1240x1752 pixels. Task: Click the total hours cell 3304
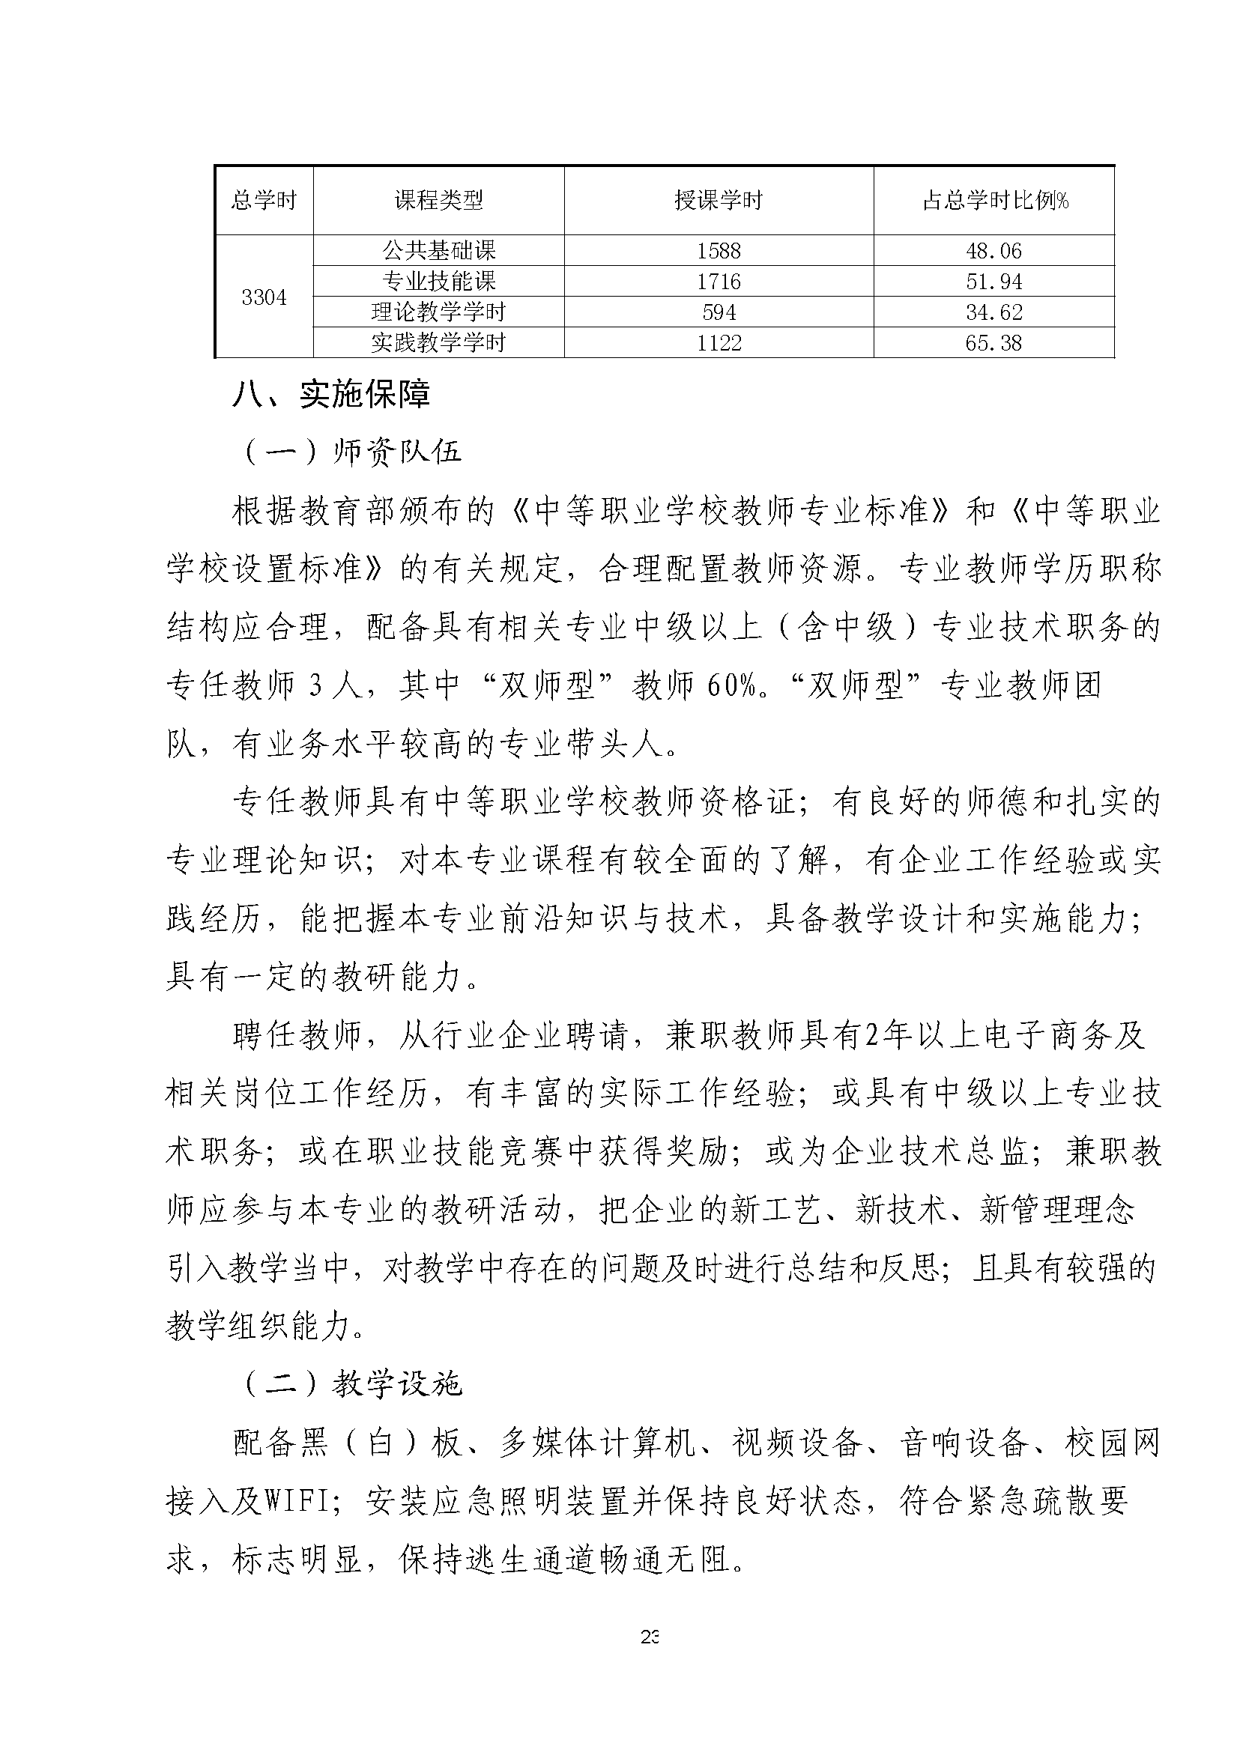click(264, 297)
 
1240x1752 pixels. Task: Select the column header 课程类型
click(438, 201)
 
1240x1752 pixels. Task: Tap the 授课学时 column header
click(719, 201)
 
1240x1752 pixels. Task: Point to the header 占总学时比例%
click(995, 201)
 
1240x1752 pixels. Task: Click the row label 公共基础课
click(438, 250)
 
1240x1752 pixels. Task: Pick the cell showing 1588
click(719, 250)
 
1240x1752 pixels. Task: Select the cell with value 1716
click(719, 282)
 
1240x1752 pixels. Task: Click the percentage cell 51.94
click(993, 282)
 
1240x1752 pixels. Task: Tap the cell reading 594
click(719, 312)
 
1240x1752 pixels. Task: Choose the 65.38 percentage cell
click(993, 343)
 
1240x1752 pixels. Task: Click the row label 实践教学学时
click(438, 343)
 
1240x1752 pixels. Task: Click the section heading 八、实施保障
click(331, 395)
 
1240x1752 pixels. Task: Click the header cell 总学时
click(264, 201)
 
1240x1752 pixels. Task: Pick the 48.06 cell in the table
click(993, 250)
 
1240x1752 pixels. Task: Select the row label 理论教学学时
click(438, 312)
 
